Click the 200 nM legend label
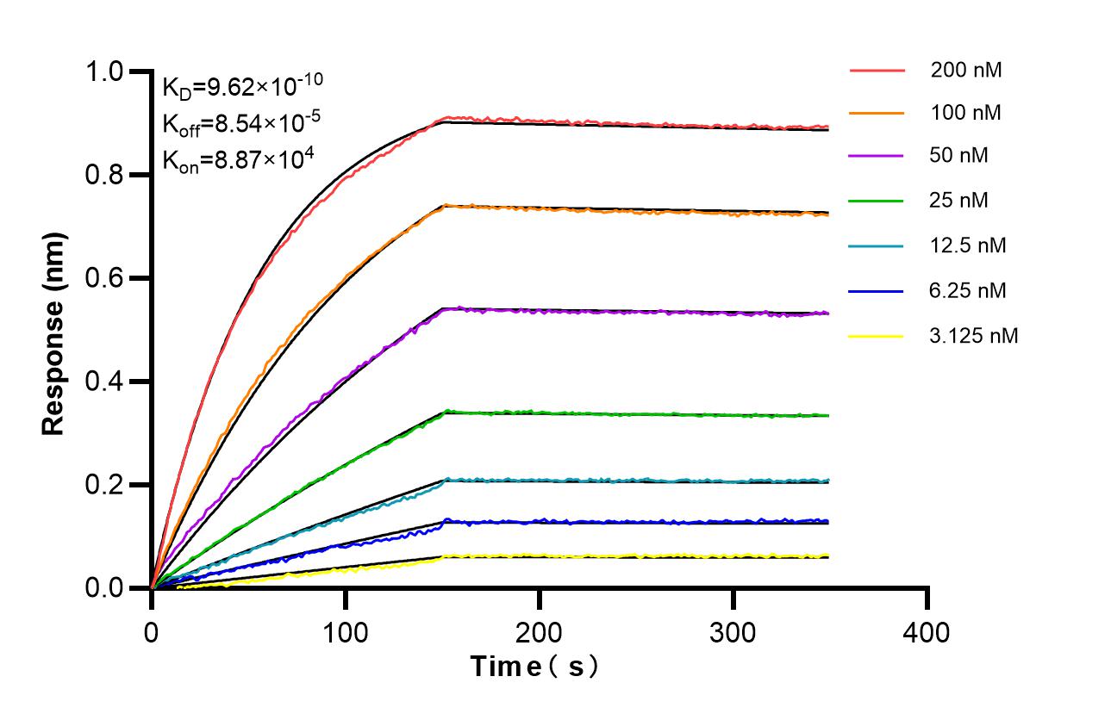pos(965,71)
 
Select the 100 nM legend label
pos(965,113)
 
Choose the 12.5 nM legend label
pos(968,245)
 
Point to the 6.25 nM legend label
pos(968,290)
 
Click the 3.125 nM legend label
pos(974,336)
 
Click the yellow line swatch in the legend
pos(877,336)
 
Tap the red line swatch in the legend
pos(877,71)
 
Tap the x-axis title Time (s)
pos(534,667)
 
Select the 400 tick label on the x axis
pos(927,633)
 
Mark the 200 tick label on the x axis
pos(539,633)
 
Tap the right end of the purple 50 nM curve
pos(828,313)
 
